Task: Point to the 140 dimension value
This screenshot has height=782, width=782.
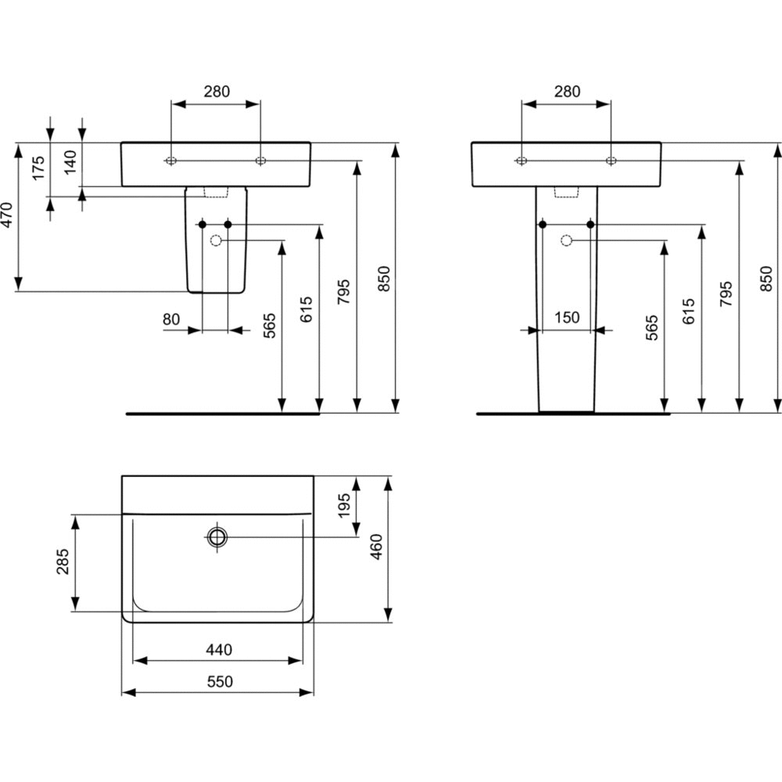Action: [70, 164]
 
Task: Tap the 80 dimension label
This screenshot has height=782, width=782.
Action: [171, 319]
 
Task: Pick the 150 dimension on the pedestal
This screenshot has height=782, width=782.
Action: [566, 317]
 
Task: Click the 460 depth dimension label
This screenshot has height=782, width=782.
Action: [376, 547]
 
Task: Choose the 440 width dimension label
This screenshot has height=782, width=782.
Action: [218, 650]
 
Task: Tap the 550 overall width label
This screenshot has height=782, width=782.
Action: [218, 682]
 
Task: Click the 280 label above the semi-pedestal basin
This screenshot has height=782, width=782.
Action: [217, 91]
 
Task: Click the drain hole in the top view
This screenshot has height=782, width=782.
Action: [217, 536]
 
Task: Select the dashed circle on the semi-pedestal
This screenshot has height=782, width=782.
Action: [216, 241]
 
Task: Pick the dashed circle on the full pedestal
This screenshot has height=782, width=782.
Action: [567, 240]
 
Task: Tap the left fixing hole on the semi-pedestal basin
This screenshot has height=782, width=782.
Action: [170, 161]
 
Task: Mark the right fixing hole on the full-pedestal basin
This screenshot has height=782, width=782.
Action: [610, 161]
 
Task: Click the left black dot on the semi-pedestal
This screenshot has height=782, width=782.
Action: [203, 224]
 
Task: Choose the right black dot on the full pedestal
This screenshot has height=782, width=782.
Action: [590, 224]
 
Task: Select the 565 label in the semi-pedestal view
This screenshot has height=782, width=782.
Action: [270, 325]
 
